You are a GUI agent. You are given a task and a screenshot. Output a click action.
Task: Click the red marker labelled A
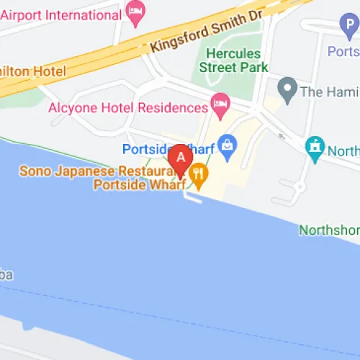[180, 156]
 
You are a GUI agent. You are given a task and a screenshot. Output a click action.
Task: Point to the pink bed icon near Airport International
[135, 10]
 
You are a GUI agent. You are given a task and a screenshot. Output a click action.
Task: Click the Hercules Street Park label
[237, 60]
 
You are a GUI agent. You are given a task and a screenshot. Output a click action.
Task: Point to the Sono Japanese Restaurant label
[92, 171]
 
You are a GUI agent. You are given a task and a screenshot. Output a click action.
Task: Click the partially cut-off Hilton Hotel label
[33, 71]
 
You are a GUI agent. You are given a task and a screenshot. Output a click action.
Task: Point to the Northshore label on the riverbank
[330, 230]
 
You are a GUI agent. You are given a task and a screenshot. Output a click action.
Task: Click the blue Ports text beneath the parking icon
[343, 51]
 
